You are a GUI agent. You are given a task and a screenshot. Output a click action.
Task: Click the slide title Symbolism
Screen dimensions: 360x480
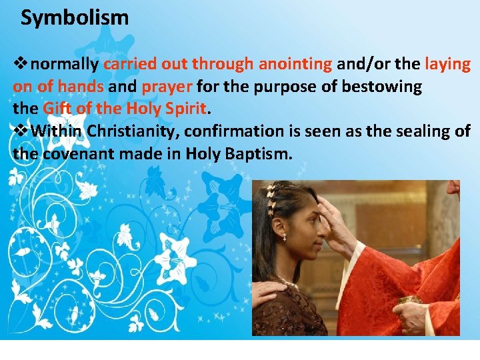click(75, 18)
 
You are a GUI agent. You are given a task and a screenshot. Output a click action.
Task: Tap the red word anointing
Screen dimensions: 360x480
click(295, 64)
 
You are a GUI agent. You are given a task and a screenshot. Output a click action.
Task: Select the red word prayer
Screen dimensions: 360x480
click(167, 87)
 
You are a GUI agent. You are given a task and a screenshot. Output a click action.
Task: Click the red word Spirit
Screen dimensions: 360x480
click(187, 108)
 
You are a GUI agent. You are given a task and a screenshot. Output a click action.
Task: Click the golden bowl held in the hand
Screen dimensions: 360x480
click(409, 300)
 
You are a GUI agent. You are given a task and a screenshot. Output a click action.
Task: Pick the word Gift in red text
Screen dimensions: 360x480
click(57, 108)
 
